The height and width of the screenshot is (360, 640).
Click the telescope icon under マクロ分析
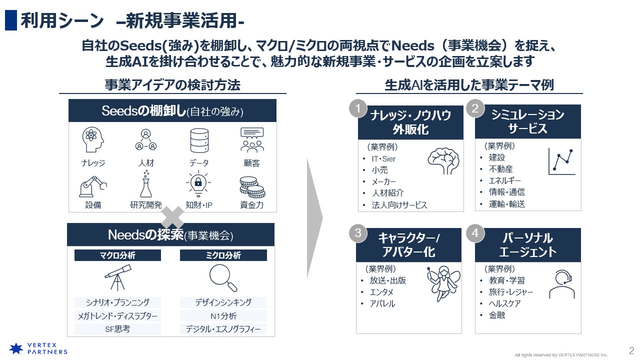pyautogui.click(x=117, y=277)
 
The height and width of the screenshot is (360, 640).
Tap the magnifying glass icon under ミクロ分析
pyautogui.click(x=223, y=277)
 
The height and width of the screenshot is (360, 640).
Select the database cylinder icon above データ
pyautogui.click(x=199, y=140)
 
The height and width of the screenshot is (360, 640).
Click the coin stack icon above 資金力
pyautogui.click(x=252, y=187)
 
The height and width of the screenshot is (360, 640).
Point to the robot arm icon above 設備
pyautogui.click(x=93, y=186)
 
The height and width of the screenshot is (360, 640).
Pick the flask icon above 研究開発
pyautogui.click(x=145, y=184)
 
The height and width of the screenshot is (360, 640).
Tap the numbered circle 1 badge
pyautogui.click(x=357, y=108)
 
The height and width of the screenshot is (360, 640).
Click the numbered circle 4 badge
pyautogui.click(x=475, y=233)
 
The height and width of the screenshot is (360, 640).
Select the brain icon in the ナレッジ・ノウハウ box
pyautogui.click(x=443, y=161)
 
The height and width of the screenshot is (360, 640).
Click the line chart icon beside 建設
pyautogui.click(x=561, y=161)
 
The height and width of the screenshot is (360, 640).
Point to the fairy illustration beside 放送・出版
pyautogui.click(x=443, y=283)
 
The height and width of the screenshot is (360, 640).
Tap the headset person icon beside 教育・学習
pyautogui.click(x=562, y=284)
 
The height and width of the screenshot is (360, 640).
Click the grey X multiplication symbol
pyautogui.click(x=172, y=217)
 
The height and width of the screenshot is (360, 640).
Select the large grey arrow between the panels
pyautogui.click(x=315, y=217)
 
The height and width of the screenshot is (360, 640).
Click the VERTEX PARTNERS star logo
pyautogui.click(x=16, y=348)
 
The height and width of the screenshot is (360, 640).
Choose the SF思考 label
pyautogui.click(x=117, y=329)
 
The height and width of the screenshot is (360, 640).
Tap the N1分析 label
pyautogui.click(x=223, y=316)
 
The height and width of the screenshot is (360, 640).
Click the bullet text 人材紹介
pyautogui.click(x=387, y=193)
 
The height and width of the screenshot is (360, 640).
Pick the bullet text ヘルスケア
pyautogui.click(x=504, y=303)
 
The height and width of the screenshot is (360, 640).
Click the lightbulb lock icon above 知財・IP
pyautogui.click(x=198, y=183)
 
